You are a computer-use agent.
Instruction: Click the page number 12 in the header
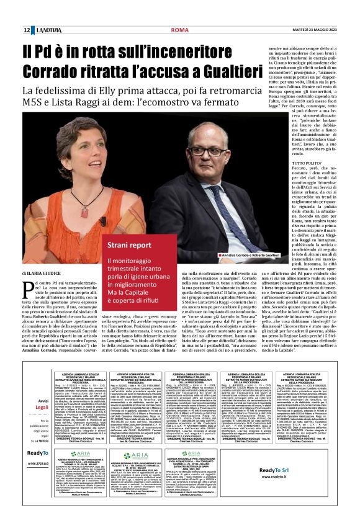[x=27, y=30]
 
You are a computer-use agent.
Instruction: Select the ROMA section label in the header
[x=179, y=30]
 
